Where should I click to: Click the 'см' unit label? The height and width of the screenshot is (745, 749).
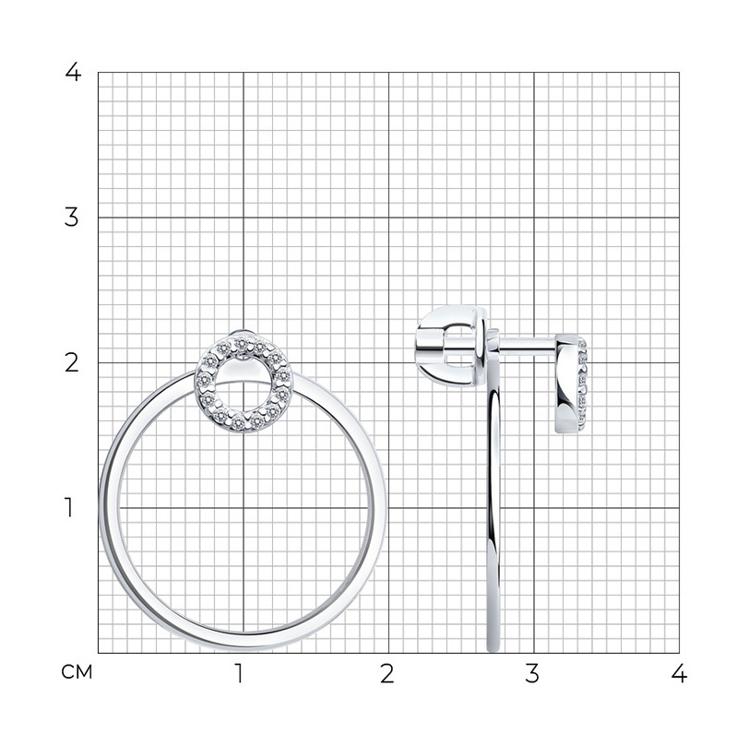click(77, 672)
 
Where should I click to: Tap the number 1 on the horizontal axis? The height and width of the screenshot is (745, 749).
click(239, 673)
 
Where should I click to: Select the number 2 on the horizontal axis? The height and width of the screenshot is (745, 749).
click(386, 673)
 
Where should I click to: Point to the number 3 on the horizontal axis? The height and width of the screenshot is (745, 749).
click(531, 673)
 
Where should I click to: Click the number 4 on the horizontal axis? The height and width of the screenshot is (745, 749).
click(679, 673)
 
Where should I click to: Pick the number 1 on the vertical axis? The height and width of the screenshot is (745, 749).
click(69, 507)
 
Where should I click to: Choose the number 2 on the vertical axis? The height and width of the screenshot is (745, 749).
click(71, 362)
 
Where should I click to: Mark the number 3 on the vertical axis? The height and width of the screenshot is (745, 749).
click(71, 218)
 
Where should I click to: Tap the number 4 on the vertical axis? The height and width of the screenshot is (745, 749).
click(73, 72)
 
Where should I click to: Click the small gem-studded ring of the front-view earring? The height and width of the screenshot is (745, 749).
click(205, 382)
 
